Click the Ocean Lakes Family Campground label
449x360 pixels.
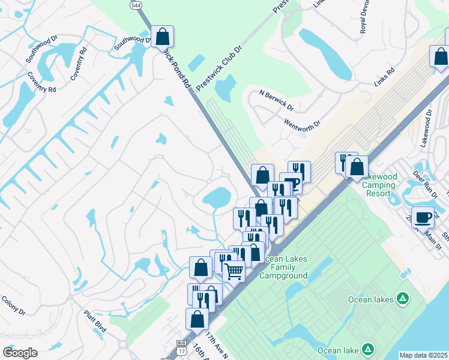[x=283, y=267]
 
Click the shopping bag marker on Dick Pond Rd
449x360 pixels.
[x=162, y=37]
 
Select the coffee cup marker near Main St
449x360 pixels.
[x=423, y=217]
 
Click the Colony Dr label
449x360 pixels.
[x=13, y=305]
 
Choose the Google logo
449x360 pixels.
[x=20, y=353]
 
